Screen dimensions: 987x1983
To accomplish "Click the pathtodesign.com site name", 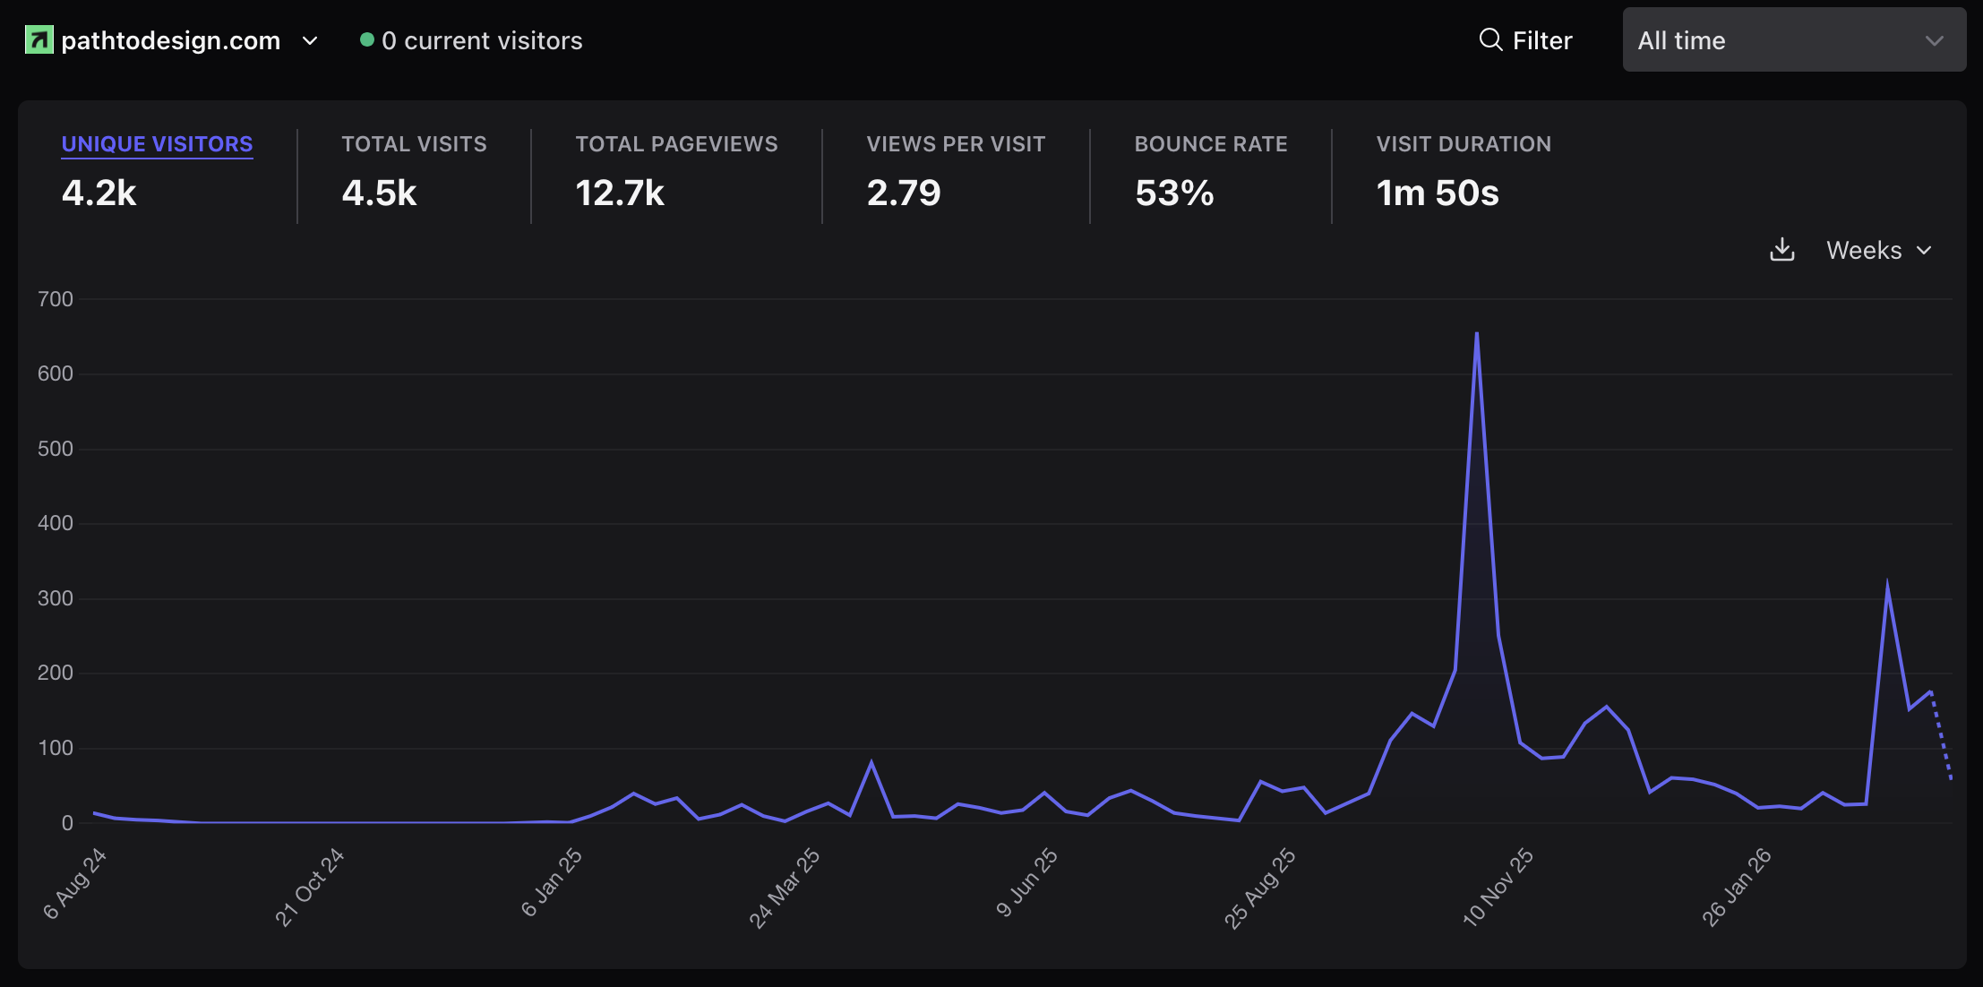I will [x=170, y=40].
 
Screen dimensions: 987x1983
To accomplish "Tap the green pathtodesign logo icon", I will [x=39, y=40].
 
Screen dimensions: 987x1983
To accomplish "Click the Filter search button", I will [x=1525, y=40].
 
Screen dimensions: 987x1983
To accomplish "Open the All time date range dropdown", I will [x=1793, y=40].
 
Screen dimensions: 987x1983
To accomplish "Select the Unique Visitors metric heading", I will [x=157, y=144].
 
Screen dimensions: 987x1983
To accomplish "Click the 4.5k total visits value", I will [x=379, y=193].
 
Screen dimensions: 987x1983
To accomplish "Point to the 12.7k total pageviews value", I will [x=620, y=193].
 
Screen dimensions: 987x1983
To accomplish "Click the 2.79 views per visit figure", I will [x=904, y=193].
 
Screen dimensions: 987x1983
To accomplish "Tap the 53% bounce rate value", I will [x=1174, y=193].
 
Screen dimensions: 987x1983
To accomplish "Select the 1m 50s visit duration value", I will [x=1438, y=193].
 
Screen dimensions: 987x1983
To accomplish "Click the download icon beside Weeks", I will [x=1782, y=250].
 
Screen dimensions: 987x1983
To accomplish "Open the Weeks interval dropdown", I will [x=1878, y=250].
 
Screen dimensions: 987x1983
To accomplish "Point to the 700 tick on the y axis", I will [x=56, y=299].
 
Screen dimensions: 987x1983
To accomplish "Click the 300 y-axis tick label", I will [x=56, y=598].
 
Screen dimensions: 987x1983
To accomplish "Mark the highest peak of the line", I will [x=1476, y=334].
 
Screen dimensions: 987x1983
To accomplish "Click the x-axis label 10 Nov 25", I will [x=1498, y=887].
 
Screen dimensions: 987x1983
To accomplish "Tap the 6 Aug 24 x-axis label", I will [x=75, y=884].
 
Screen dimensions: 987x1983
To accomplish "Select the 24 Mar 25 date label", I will [x=784, y=888].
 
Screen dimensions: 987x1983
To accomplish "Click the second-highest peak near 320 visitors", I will [x=1887, y=586].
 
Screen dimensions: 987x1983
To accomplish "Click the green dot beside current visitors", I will [x=366, y=39].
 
